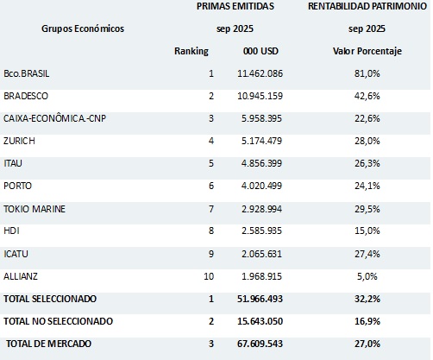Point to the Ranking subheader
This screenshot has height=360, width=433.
(191, 51)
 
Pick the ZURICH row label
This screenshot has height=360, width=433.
(20, 141)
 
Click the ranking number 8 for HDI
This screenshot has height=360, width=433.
(211, 231)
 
